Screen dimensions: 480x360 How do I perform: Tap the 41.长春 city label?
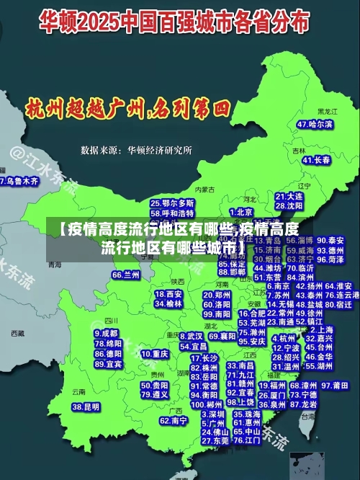tap(317, 159)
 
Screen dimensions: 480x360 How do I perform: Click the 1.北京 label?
tap(241, 212)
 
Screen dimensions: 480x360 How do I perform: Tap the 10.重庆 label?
tap(155, 354)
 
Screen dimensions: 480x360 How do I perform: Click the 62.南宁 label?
tap(174, 420)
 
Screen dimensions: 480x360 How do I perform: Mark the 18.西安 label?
tap(169, 294)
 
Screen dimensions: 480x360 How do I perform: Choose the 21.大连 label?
tap(289, 195)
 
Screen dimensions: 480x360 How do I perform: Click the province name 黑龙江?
tap(327, 112)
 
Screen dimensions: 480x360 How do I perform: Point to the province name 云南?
tap(78, 391)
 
